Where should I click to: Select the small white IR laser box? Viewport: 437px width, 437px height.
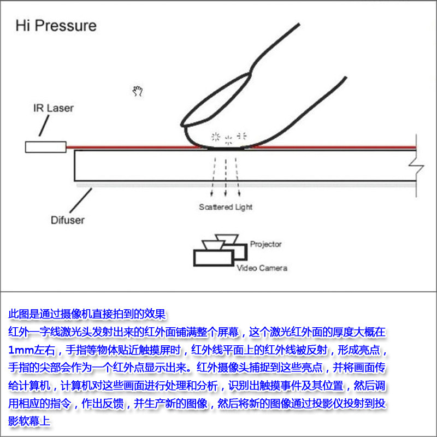click(45, 147)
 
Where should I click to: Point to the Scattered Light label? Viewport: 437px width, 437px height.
click(226, 207)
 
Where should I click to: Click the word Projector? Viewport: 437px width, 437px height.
click(265, 244)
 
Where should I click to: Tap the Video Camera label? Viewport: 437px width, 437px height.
click(262, 268)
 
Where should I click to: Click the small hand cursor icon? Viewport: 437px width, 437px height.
click(138, 91)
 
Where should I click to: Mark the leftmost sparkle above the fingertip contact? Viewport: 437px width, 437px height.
click(215, 135)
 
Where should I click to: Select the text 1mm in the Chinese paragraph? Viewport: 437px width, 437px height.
click(20, 349)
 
